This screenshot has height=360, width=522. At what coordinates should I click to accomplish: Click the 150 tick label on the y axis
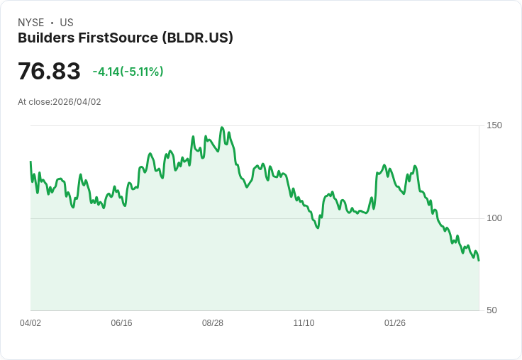(x=494, y=125)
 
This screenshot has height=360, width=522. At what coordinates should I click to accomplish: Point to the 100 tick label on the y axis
(x=494, y=218)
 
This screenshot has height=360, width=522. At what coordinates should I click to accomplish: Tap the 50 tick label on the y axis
(x=492, y=310)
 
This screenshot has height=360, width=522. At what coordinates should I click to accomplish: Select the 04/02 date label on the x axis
(x=30, y=323)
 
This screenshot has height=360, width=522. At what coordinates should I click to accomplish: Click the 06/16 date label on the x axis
(x=121, y=323)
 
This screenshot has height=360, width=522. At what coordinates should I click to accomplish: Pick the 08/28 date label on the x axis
(x=213, y=323)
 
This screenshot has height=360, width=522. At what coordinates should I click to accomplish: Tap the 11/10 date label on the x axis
(x=304, y=323)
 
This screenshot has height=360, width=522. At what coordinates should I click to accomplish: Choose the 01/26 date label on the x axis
(x=395, y=323)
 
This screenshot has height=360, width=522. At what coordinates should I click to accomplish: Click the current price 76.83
(x=49, y=72)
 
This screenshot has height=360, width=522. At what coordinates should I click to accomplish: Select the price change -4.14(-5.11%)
(x=128, y=72)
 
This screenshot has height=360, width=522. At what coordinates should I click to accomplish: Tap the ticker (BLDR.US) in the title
(x=198, y=38)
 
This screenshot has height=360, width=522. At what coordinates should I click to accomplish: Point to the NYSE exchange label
(x=31, y=23)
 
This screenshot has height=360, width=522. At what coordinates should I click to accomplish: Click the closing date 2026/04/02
(x=77, y=102)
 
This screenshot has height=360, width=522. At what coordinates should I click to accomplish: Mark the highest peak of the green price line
(x=222, y=128)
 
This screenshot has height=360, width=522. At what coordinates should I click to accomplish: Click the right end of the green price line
(x=479, y=260)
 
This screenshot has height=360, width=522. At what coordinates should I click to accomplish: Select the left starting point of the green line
(x=30, y=162)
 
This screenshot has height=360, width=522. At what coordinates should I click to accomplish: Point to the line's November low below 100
(x=317, y=227)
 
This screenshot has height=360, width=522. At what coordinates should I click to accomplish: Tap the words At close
(x=33, y=102)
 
